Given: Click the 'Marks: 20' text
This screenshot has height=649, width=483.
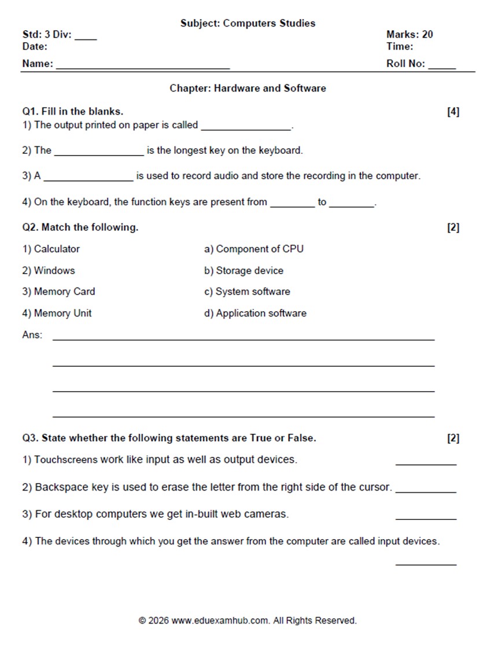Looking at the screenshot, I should (x=410, y=35).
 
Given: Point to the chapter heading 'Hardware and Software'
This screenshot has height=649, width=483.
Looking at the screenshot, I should (x=270, y=89).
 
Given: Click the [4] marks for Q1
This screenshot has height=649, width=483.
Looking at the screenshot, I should (x=453, y=112).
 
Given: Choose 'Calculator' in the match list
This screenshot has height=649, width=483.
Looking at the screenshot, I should (x=57, y=249).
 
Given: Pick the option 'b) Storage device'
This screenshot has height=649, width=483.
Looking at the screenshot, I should (x=244, y=271).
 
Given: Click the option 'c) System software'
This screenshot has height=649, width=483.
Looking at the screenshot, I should (x=247, y=292).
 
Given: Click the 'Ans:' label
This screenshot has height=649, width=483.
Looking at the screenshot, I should (x=32, y=335).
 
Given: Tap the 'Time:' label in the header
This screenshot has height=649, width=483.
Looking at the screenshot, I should (x=400, y=46).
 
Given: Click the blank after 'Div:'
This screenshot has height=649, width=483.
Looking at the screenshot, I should (x=86, y=37).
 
